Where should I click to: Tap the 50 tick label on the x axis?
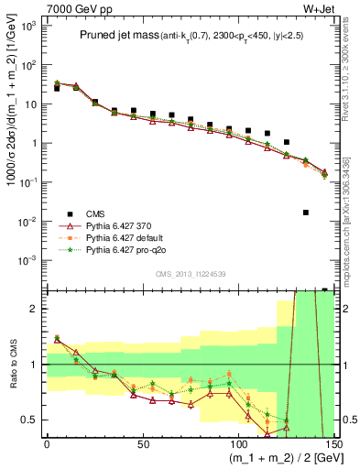point(142,443)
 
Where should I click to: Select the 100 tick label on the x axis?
point(237,443)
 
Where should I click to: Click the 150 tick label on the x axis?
point(332,443)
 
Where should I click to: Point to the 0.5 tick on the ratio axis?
point(29,420)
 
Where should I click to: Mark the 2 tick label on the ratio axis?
point(34,309)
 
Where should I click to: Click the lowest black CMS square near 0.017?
point(305,213)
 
